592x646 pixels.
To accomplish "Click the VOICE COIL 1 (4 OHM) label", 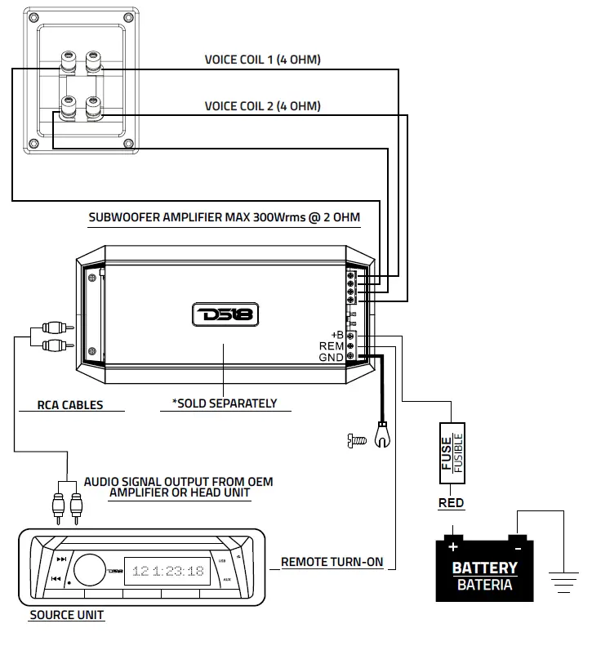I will pyautogui.click(x=261, y=60).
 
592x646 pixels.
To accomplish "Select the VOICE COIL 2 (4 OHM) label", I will pyautogui.click(x=261, y=106).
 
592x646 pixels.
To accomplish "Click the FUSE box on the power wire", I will pyautogui.click(x=452, y=450).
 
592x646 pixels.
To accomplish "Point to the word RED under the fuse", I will pyautogui.click(x=452, y=503).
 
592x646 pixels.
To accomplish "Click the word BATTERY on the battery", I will pyautogui.click(x=485, y=568).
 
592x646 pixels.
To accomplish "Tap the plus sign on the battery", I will pyautogui.click(x=452, y=545).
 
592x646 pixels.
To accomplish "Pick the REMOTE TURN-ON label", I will pyautogui.click(x=332, y=563).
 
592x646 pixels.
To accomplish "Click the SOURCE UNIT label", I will pyautogui.click(x=67, y=615).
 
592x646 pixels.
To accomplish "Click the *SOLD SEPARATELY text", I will pyautogui.click(x=225, y=403).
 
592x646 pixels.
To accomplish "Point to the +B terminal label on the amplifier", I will pyautogui.click(x=336, y=336).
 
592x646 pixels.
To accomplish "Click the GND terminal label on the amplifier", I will pyautogui.click(x=332, y=357).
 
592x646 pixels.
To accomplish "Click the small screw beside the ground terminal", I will pyautogui.click(x=354, y=441).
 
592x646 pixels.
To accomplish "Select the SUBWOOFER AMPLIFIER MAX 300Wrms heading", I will pyautogui.click(x=224, y=218).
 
